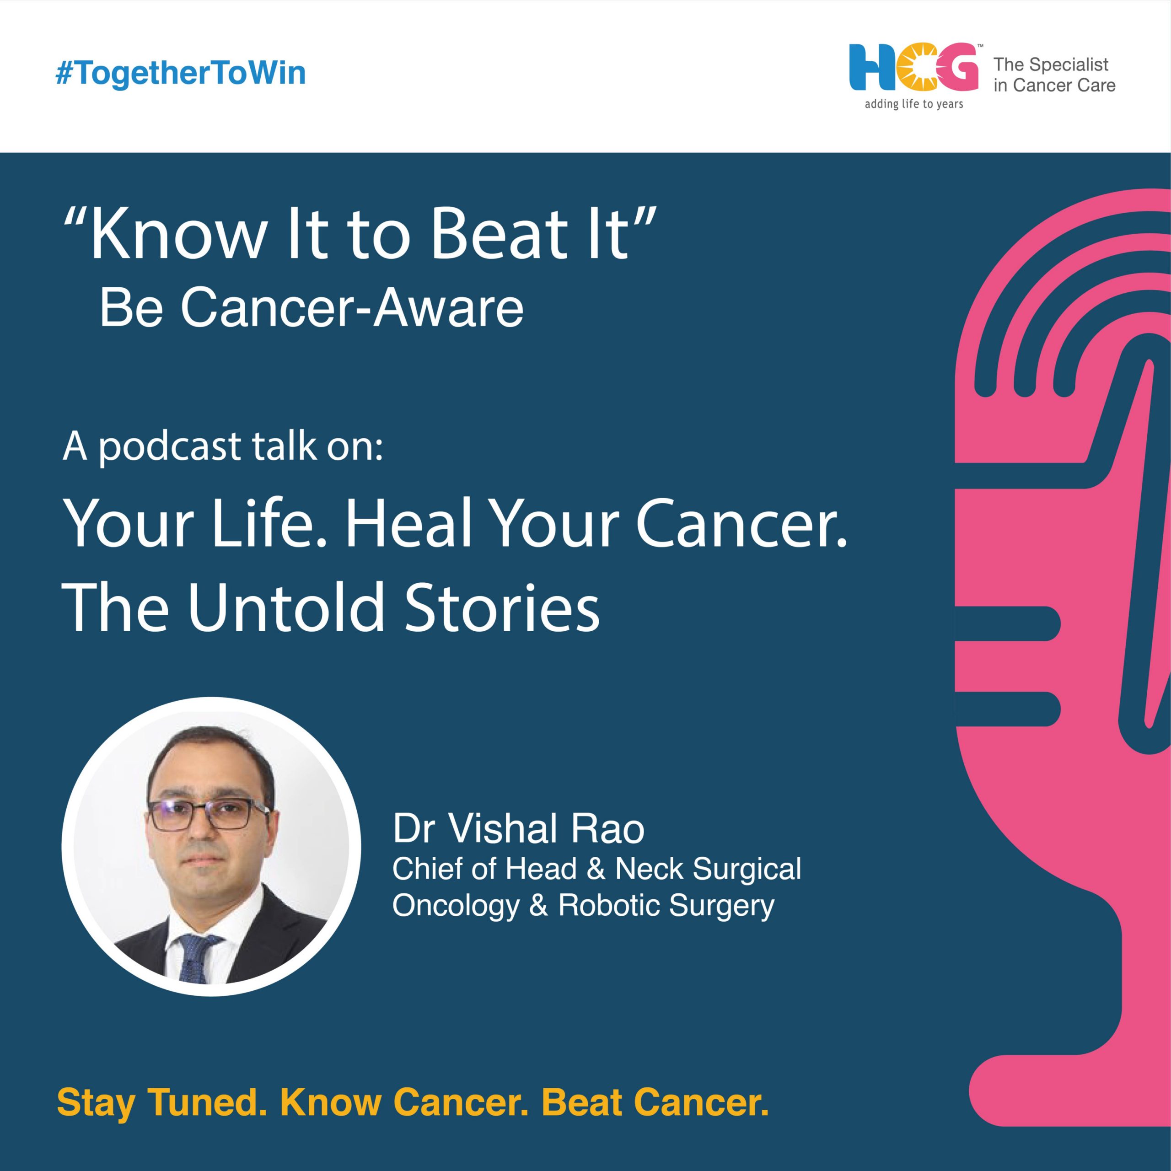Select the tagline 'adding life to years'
[913, 104]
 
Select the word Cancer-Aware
[352, 307]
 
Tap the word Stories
[501, 607]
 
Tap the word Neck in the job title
[651, 869]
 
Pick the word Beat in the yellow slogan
[581, 1102]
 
